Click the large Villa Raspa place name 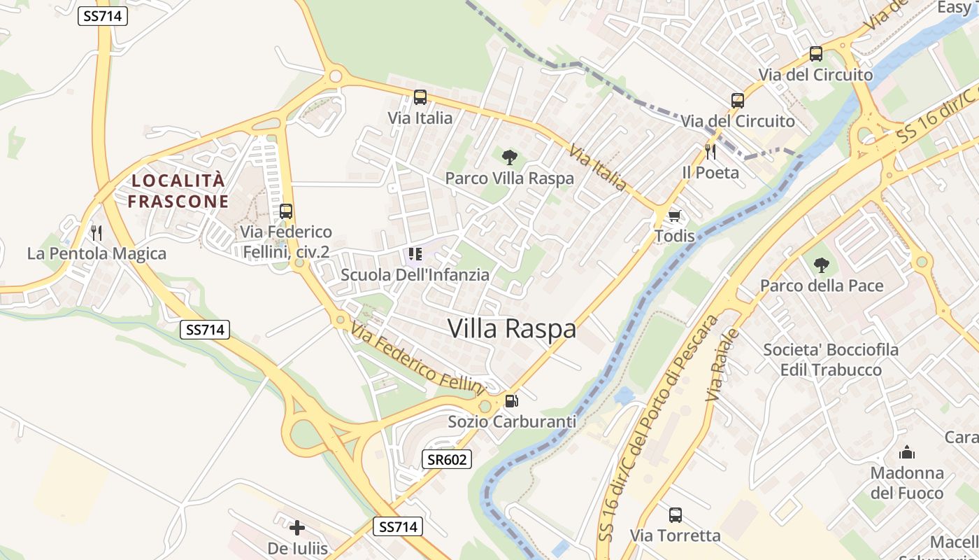512,328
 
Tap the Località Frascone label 179,191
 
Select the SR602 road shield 447,460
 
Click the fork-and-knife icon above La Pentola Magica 97,232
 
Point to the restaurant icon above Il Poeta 710,151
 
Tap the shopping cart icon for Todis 675,215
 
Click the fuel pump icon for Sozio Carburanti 512,401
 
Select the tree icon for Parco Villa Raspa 510,157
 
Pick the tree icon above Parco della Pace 822,265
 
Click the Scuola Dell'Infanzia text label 415,274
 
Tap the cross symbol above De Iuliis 297,527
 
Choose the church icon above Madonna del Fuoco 907,452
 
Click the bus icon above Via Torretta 675,515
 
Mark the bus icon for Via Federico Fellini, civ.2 285,211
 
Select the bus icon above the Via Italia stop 420,97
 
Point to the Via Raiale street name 722,364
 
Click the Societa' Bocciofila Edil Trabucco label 831,359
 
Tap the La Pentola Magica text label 97,253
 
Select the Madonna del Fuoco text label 907,483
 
